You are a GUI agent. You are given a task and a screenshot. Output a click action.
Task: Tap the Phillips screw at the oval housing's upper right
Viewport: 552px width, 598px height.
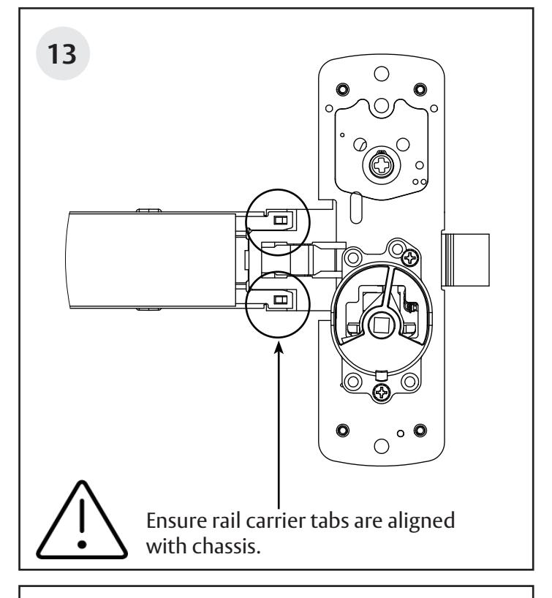pyautogui.click(x=412, y=257)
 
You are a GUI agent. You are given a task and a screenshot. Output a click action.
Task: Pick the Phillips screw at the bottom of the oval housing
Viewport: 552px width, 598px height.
pyautogui.click(x=381, y=394)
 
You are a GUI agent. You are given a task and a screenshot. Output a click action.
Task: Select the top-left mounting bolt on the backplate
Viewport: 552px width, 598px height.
pyautogui.click(x=341, y=89)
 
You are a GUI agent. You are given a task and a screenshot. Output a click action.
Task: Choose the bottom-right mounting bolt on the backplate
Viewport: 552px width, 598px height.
pyautogui.click(x=419, y=429)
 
